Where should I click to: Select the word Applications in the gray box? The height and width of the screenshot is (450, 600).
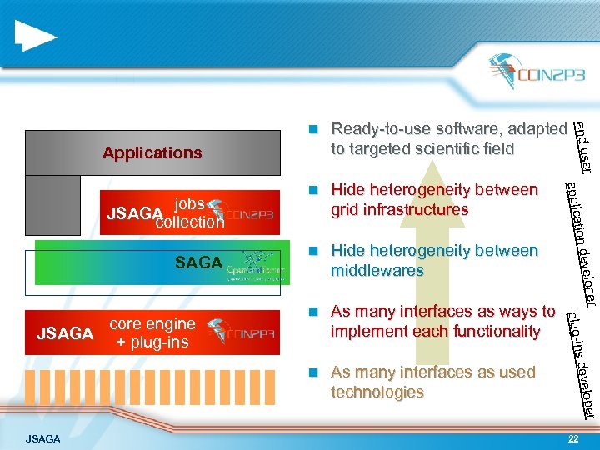pyautogui.click(x=152, y=152)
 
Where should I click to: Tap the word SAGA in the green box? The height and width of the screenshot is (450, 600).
pyautogui.click(x=198, y=262)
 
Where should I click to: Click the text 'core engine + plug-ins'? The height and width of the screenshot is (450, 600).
pyautogui.click(x=152, y=332)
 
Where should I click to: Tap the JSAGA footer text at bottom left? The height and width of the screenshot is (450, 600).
pyautogui.click(x=42, y=437)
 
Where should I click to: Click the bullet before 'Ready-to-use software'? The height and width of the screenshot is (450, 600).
pyautogui.click(x=312, y=129)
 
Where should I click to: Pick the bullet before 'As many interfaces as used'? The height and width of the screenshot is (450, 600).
pyautogui.click(x=312, y=372)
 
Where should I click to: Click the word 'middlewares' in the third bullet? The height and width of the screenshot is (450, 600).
pyautogui.click(x=377, y=271)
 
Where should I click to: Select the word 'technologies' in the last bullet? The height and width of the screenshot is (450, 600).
pyautogui.click(x=377, y=392)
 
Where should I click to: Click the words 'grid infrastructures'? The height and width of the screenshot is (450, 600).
pyautogui.click(x=400, y=210)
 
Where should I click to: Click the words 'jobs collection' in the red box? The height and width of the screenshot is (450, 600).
pyautogui.click(x=190, y=213)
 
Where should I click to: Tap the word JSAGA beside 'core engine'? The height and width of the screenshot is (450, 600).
pyautogui.click(x=65, y=334)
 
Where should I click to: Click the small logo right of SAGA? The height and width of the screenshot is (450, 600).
pyautogui.click(x=257, y=264)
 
